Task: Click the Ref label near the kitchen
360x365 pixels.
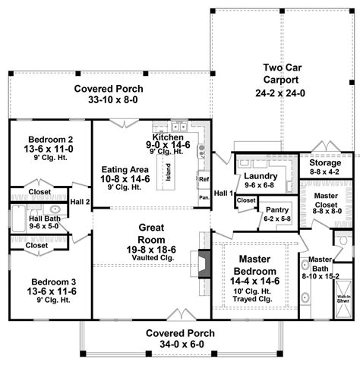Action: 204,180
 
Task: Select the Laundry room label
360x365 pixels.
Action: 261,176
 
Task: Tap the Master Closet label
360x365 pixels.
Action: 327,200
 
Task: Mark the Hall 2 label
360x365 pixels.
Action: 81,201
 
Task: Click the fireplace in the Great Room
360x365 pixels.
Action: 202,263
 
